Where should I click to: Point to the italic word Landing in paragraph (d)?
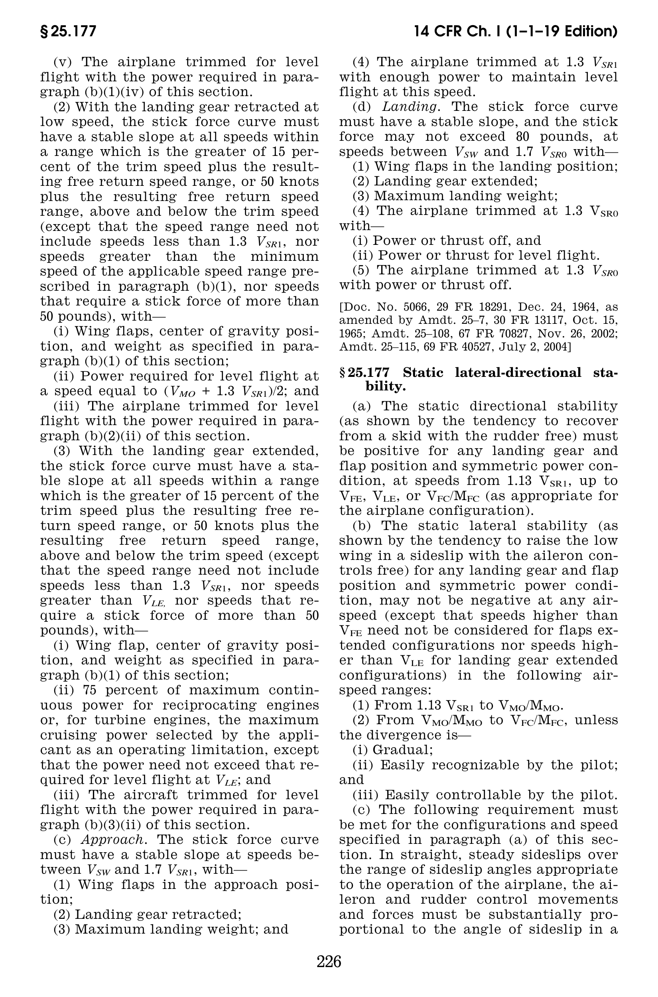pyautogui.click(x=410, y=106)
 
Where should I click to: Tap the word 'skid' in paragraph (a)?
pyautogui.click(x=393, y=436)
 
